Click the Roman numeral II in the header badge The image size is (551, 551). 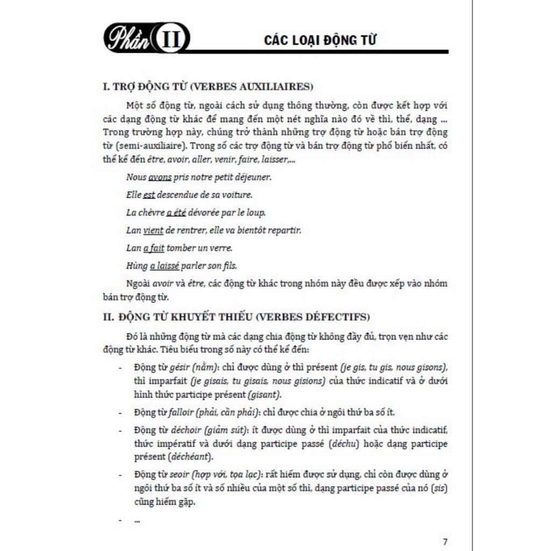(x=171, y=39)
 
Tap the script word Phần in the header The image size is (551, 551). (x=128, y=39)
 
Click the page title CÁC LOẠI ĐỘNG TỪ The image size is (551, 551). (x=320, y=40)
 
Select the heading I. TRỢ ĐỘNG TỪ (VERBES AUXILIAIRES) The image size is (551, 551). (x=208, y=87)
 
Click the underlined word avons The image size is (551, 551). (x=159, y=177)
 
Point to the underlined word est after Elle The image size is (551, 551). (x=149, y=195)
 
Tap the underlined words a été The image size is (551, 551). (x=176, y=213)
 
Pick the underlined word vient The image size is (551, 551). (x=153, y=230)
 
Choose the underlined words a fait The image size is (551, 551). (x=153, y=248)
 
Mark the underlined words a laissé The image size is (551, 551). (x=165, y=266)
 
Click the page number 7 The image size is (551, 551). (x=444, y=541)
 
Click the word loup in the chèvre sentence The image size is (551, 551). (x=256, y=213)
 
